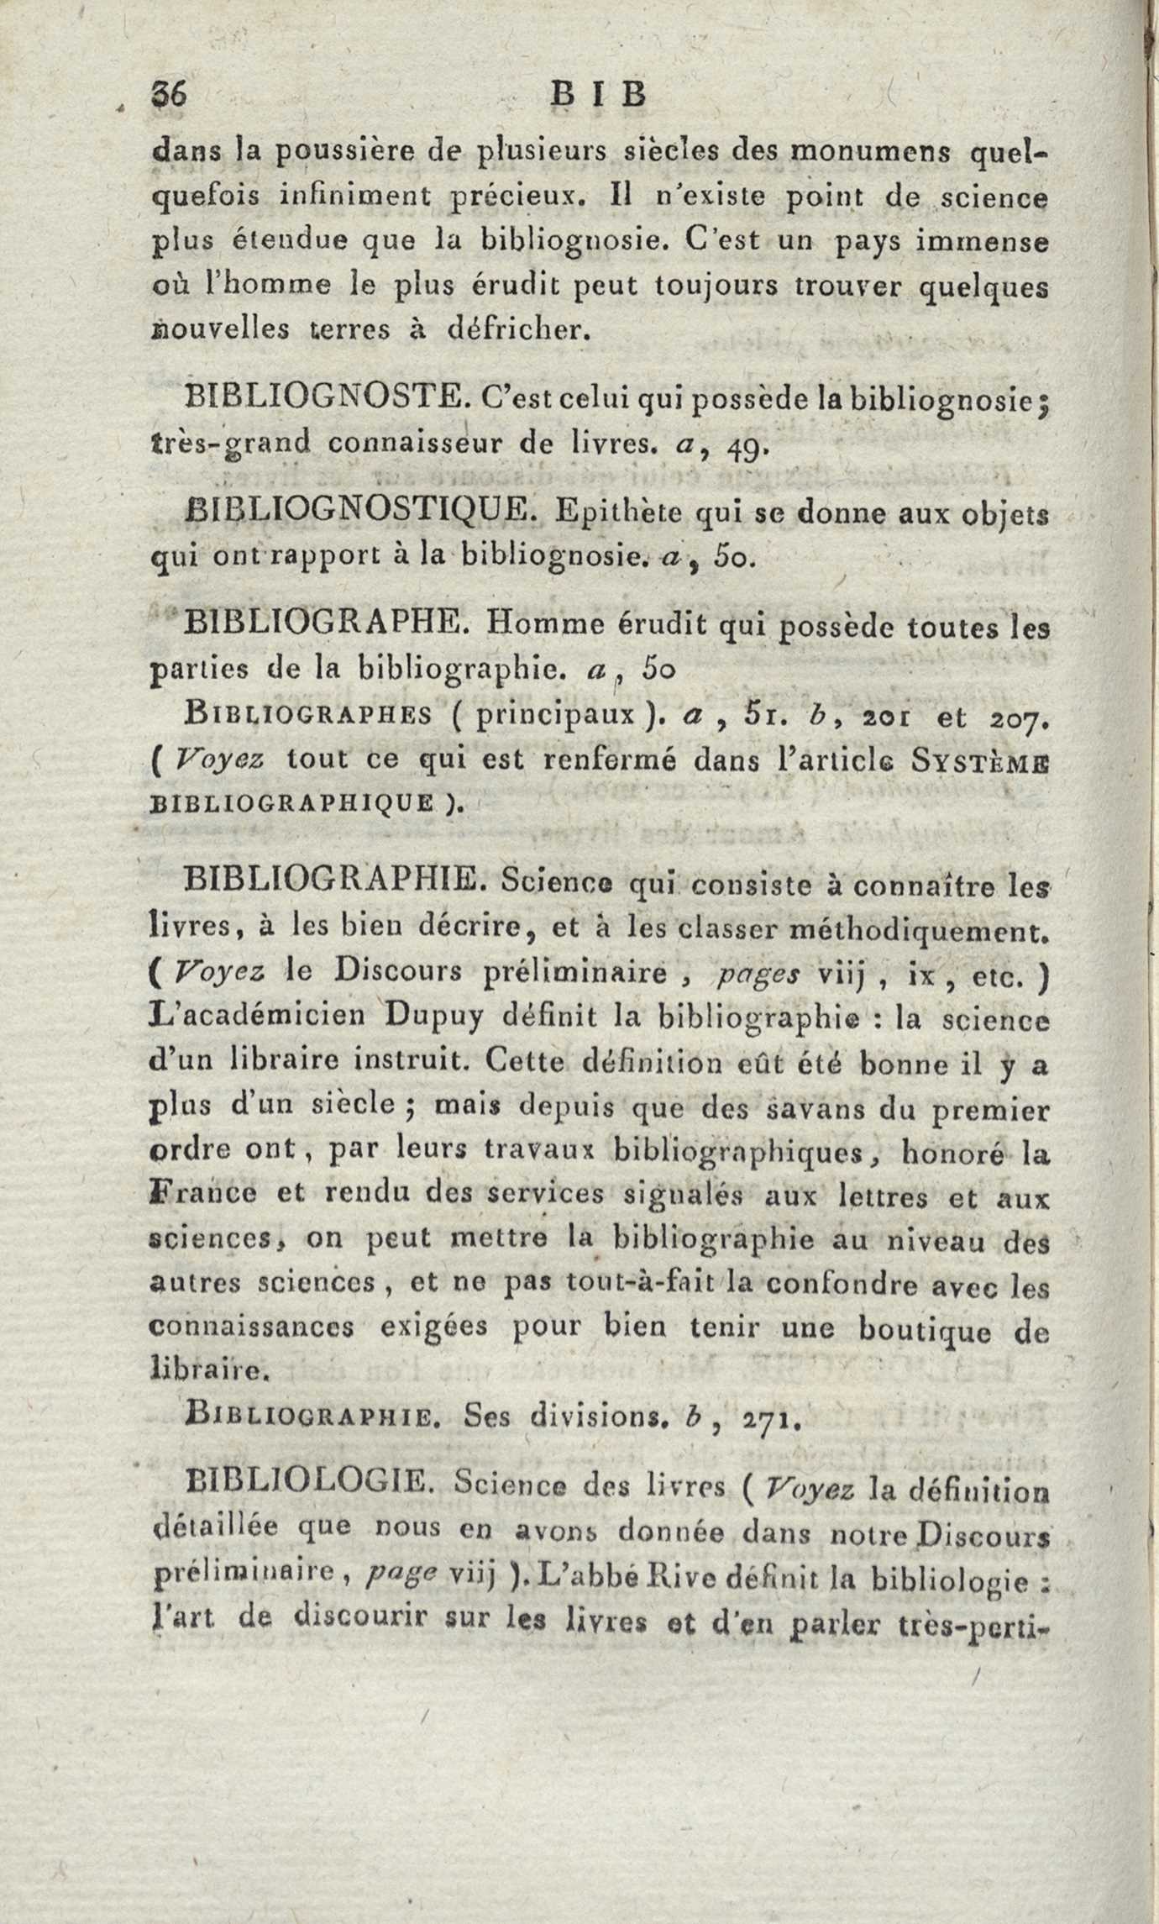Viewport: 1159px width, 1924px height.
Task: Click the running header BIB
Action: [599, 94]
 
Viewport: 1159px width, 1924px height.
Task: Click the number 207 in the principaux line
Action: [1017, 718]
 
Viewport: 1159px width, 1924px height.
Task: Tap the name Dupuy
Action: [434, 1016]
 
